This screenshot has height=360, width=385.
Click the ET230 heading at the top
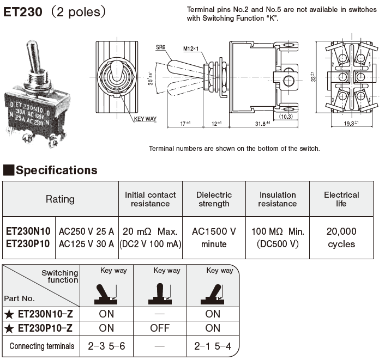coord(24,11)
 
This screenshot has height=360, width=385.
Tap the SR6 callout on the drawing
coord(160,47)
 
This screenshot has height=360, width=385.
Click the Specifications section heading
coord(56,170)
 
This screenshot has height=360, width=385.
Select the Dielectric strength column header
coord(214,199)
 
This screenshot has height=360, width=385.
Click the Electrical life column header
coord(341,199)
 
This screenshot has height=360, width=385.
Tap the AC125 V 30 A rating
coord(87,244)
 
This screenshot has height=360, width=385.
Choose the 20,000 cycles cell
coord(341,237)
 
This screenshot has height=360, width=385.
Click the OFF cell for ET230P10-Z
coord(160,328)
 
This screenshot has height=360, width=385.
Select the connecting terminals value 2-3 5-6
coord(106,345)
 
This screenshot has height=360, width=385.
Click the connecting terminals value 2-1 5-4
coord(213,345)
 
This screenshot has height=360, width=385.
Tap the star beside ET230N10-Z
coord(9,314)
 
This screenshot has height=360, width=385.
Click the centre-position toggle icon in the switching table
coord(160,294)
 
